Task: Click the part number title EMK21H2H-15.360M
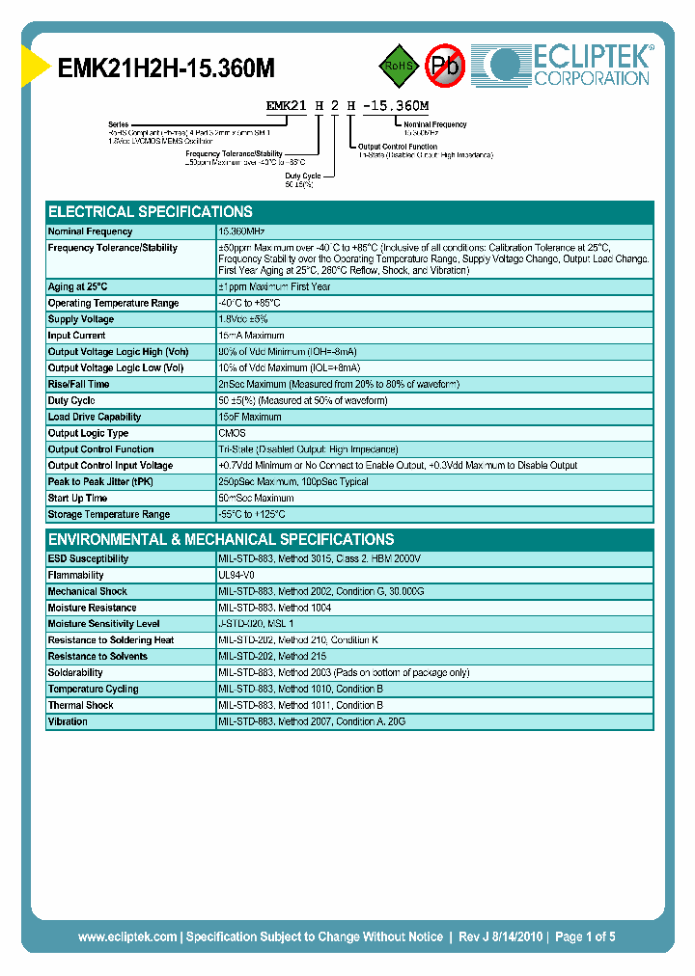166,68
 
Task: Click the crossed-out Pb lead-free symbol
445,66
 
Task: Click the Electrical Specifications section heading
151,211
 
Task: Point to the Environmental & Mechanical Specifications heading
221,539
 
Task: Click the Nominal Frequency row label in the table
91,231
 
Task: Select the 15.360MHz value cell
242,231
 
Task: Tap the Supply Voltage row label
81,319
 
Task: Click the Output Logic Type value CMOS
232,433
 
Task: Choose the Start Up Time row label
78,498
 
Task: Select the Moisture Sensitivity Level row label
104,624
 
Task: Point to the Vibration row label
68,721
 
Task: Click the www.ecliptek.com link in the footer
127,936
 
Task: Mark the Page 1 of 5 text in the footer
586,936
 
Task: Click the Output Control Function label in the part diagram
398,147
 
